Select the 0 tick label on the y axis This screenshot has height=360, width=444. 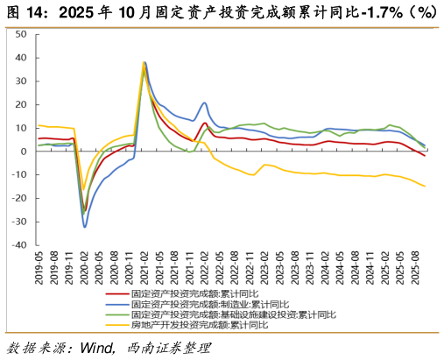(x=25, y=152)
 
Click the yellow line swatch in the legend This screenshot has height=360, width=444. (x=114, y=324)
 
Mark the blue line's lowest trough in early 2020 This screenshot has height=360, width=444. (x=85, y=227)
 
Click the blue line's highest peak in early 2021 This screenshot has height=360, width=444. (x=145, y=62)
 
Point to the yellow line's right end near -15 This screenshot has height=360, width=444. (x=425, y=186)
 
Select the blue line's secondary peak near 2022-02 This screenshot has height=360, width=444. (x=205, y=102)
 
